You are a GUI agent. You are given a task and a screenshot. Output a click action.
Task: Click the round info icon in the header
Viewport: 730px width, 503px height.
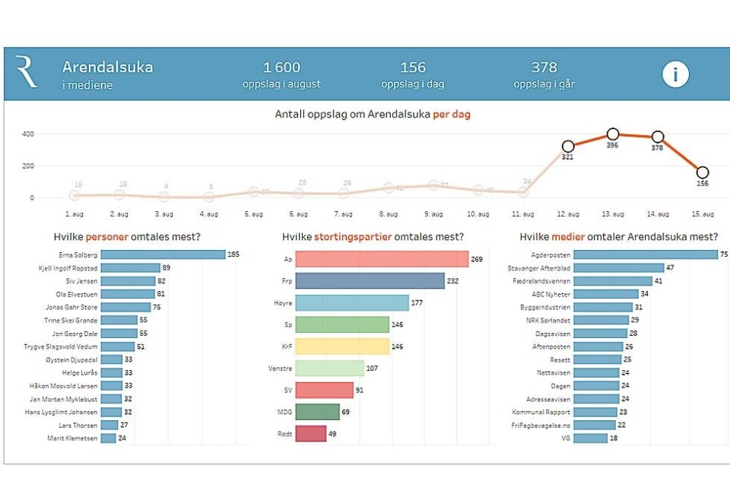coord(674,74)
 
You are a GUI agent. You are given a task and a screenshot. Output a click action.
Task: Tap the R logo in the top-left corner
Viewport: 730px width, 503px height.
coord(26,72)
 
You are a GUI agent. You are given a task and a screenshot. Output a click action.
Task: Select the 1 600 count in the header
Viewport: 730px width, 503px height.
coord(281,68)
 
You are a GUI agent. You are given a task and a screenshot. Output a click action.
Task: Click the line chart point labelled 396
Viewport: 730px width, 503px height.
coord(613,134)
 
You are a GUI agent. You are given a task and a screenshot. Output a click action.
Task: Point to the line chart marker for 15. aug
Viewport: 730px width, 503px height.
coord(703,172)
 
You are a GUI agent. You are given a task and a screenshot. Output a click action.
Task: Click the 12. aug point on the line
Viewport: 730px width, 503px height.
coord(568,146)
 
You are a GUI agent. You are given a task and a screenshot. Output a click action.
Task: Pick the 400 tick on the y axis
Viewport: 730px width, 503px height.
coord(27,134)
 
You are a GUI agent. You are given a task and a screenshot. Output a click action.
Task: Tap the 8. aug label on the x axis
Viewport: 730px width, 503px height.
coord(389,214)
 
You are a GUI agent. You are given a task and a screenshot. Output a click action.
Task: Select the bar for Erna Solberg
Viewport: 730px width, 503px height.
coord(163,255)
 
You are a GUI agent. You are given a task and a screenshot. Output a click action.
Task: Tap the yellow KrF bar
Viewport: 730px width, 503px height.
coord(342,346)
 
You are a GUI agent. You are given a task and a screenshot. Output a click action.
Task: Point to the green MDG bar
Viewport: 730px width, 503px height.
coord(317,412)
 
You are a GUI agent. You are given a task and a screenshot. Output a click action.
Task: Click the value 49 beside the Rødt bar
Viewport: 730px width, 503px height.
coord(332,434)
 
